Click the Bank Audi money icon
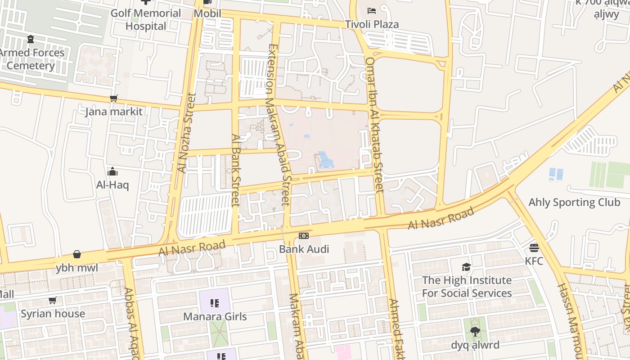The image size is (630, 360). point(304,236)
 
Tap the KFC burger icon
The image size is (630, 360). point(534,247)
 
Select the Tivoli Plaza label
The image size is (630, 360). point(372,24)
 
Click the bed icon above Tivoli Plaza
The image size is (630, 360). point(372,10)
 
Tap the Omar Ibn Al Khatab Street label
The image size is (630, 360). point(374,125)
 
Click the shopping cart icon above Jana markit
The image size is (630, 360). point(114,98)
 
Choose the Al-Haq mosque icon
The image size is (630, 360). point(112,171)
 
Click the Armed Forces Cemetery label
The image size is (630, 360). point(31,59)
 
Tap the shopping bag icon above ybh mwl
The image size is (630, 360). point(77,255)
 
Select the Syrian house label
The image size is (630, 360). point(53,313)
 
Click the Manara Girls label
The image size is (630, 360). point(215,316)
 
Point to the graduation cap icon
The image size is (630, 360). point(467,267)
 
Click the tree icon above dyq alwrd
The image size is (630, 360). point(475,332)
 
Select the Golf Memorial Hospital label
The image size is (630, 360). point(145,19)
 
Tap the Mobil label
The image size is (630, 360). point(207,13)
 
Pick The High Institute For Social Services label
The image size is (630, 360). point(467,287)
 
